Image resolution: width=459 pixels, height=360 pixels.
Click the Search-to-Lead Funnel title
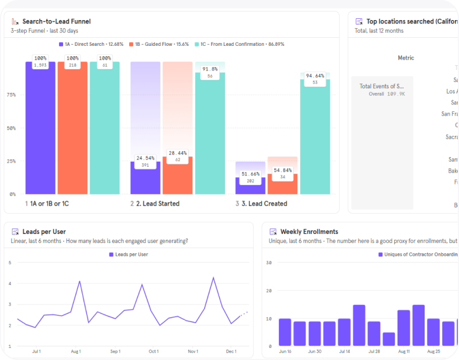(x=56, y=22)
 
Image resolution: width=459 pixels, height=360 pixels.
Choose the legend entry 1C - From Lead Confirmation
(x=242, y=44)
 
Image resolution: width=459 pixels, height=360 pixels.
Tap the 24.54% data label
(x=145, y=158)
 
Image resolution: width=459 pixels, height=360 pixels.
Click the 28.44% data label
(x=177, y=154)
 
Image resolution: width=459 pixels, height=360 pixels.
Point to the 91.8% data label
(x=210, y=69)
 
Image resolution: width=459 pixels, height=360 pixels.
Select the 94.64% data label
(x=315, y=76)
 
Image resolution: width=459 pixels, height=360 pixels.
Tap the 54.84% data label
(x=282, y=170)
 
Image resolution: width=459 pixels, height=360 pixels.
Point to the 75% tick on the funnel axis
(x=11, y=95)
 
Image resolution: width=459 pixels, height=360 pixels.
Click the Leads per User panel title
(x=44, y=232)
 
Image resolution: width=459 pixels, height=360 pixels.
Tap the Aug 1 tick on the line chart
(x=76, y=351)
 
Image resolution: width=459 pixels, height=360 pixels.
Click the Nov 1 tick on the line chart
(x=192, y=351)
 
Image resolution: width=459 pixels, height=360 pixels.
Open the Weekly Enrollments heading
(x=309, y=232)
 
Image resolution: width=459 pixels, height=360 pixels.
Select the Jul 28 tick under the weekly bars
(x=374, y=351)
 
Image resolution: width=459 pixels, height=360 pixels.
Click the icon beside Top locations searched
(x=359, y=21)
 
